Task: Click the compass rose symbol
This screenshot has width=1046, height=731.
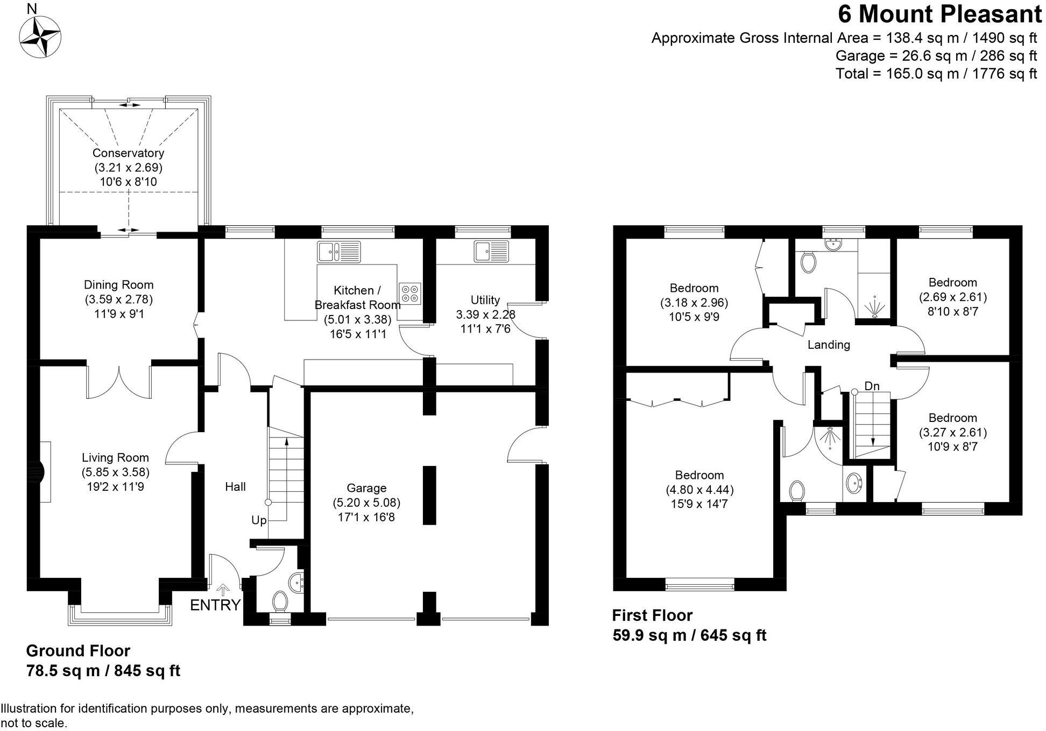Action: pos(40,37)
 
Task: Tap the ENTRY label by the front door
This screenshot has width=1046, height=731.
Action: pos(215,605)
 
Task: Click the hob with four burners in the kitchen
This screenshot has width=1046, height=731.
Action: pos(410,293)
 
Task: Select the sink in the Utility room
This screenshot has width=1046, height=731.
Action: pos(491,252)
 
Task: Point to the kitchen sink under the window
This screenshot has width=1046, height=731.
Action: pos(338,252)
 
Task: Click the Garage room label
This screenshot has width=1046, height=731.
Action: pos(366,488)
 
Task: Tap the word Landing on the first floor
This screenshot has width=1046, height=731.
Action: pos(829,345)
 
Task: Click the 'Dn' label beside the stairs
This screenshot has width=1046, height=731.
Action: pos(872,386)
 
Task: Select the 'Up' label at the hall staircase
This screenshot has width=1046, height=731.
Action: pos(259,520)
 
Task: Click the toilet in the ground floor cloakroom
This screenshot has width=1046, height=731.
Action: pos(280,601)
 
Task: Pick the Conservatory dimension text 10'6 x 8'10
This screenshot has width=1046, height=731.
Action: pos(128,182)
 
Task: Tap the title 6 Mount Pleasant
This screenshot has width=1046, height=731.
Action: pos(939,15)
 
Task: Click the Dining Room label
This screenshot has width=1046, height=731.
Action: pos(118,285)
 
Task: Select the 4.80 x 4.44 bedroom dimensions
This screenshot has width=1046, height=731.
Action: pos(699,490)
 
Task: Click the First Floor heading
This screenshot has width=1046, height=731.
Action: pos(652,615)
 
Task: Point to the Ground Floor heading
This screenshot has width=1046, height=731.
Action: pos(78,651)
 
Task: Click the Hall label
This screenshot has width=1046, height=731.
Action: pos(235,486)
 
